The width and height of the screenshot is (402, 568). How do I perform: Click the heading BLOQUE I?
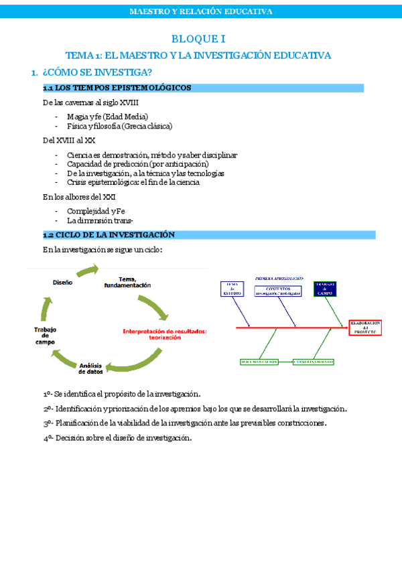[200, 40]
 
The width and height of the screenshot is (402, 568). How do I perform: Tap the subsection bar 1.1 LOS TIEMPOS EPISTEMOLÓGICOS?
[117, 88]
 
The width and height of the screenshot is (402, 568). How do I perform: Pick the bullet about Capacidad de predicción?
[137, 164]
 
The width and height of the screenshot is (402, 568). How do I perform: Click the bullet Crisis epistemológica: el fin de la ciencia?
[133, 182]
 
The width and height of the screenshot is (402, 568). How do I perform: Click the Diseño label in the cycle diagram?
[62, 283]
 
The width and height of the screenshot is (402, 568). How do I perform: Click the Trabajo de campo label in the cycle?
[46, 335]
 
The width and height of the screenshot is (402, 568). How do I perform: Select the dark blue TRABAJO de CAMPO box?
[325, 289]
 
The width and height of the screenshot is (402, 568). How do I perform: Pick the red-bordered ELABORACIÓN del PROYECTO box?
[365, 328]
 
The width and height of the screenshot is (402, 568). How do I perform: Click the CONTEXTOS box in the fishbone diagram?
[280, 290]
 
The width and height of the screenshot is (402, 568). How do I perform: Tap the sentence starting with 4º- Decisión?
[117, 438]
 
